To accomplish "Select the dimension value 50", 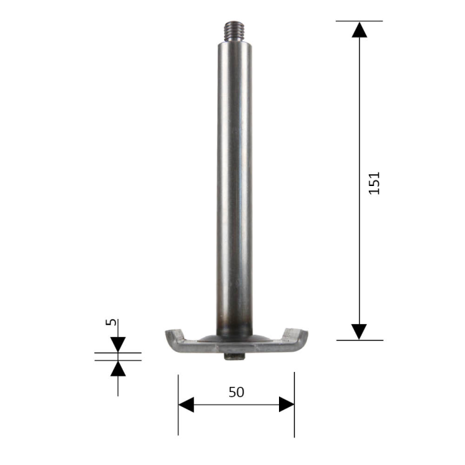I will click(x=236, y=391).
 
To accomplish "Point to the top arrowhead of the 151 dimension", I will click(x=359, y=29).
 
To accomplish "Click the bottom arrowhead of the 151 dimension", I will click(x=359, y=331).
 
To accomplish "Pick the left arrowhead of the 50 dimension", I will click(x=187, y=405).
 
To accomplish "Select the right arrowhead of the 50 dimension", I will click(x=286, y=405).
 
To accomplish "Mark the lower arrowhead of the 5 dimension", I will click(x=118, y=368).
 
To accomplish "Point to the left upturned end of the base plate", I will click(x=173, y=338).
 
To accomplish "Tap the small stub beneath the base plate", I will click(x=234, y=357).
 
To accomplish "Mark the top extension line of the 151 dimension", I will click(x=359, y=21).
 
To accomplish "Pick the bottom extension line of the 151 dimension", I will click(x=359, y=340).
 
